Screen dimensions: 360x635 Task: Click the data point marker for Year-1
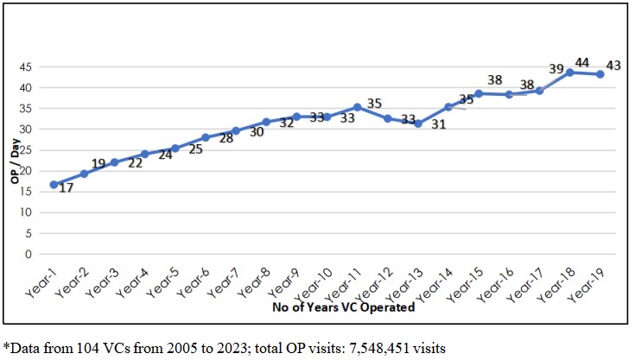(54, 184)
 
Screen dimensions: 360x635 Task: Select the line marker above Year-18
(569, 73)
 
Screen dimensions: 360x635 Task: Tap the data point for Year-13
(417, 123)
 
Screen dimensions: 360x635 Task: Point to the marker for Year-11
(357, 107)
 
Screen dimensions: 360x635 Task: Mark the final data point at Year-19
(600, 74)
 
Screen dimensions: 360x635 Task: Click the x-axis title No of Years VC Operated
(344, 306)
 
